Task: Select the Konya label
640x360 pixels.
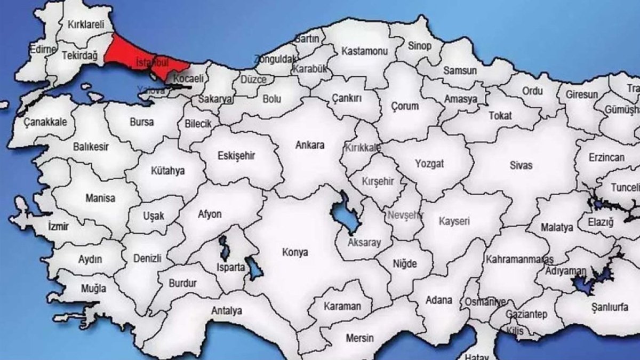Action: pos(296,252)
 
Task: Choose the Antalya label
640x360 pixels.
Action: pos(227,310)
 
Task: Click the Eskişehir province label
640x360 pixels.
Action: pos(236,156)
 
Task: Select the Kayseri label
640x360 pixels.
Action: pos(454,221)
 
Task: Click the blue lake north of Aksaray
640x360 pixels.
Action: pos(344,214)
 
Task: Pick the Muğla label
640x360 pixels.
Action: pos(79,289)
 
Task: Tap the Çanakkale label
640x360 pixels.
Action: pos(45,122)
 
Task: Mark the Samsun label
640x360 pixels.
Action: pos(460,70)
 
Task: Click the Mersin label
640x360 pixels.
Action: pos(359,338)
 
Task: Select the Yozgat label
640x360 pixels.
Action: pos(429,164)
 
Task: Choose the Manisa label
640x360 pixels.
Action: pos(100,198)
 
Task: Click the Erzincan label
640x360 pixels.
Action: pos(606,158)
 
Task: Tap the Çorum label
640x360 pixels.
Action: pos(405,106)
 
